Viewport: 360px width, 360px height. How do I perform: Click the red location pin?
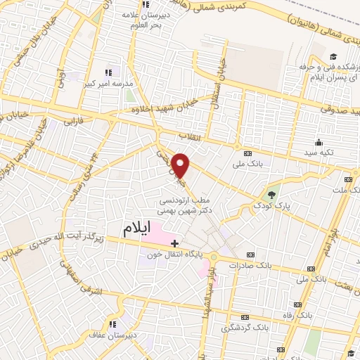(181, 165)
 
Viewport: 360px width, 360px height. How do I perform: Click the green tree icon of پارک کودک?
(272, 194)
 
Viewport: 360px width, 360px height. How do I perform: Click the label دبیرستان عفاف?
(109, 335)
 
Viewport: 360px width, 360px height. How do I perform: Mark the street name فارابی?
(72, 122)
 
